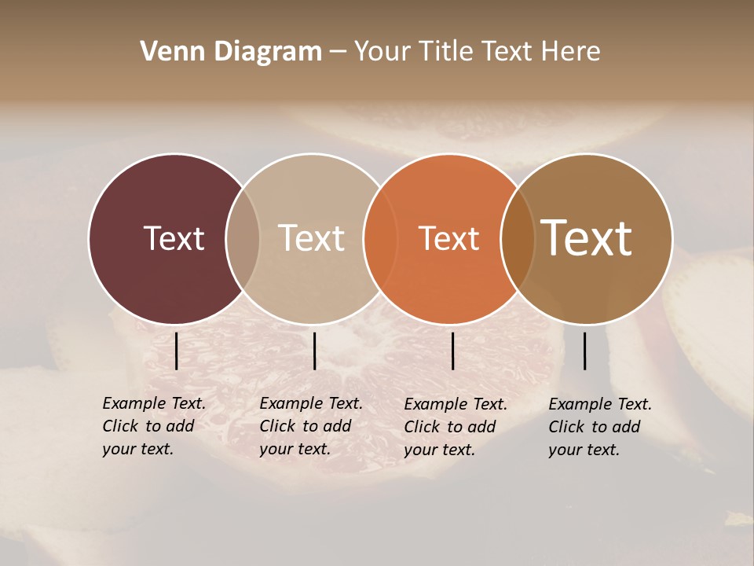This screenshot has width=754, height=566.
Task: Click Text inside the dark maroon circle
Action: coord(174,238)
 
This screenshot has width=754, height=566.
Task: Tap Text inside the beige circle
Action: coord(311,238)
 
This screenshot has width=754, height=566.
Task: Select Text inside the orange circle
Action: coord(448,238)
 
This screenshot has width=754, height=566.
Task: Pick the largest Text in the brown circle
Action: coord(586,238)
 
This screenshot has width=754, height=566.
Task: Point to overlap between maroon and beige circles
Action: coord(243,239)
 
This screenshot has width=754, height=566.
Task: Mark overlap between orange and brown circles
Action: coord(517,239)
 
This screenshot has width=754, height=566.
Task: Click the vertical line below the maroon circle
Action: coord(177,351)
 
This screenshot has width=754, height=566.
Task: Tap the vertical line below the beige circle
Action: coord(314,351)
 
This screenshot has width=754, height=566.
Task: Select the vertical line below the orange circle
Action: coord(453,351)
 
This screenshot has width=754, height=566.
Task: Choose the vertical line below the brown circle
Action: coord(585,351)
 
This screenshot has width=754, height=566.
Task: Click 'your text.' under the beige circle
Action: coord(295,449)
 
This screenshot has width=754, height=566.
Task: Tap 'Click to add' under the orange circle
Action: coord(449,427)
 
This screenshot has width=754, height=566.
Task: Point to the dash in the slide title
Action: coord(338,52)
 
